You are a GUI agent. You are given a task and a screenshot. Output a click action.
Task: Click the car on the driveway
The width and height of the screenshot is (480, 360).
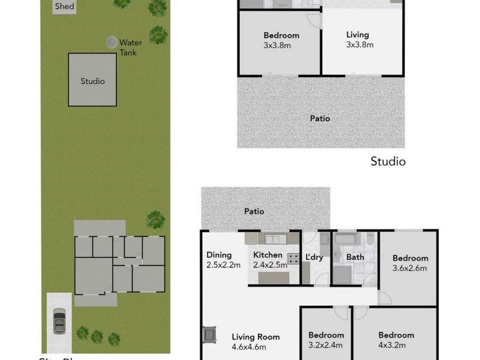(x=60, y=321)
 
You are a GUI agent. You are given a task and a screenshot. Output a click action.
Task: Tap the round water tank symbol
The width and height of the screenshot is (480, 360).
(x=112, y=43)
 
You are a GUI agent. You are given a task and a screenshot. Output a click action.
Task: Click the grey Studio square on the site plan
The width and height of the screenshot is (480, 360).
(x=92, y=80)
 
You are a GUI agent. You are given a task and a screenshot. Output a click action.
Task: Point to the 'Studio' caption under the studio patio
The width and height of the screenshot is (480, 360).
(x=388, y=161)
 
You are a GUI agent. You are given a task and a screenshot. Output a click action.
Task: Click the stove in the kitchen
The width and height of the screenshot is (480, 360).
(x=293, y=259)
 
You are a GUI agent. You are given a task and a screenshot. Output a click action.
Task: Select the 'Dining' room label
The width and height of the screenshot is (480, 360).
(x=219, y=254)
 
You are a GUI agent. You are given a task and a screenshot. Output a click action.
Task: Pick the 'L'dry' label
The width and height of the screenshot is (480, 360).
(x=314, y=256)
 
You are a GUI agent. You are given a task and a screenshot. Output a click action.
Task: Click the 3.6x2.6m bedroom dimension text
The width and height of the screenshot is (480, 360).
(x=410, y=268)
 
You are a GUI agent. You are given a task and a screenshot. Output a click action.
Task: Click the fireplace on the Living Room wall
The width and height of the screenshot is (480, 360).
(x=209, y=335)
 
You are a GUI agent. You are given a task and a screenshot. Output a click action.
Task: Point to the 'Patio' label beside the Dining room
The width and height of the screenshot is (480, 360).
(x=254, y=211)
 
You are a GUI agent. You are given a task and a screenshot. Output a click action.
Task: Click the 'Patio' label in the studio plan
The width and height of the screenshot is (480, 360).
(x=320, y=118)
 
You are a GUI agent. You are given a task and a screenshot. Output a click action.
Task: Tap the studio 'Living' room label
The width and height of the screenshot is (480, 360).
(x=358, y=35)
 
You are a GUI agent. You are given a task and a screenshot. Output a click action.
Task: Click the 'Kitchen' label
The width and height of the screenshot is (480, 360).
(x=268, y=255)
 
